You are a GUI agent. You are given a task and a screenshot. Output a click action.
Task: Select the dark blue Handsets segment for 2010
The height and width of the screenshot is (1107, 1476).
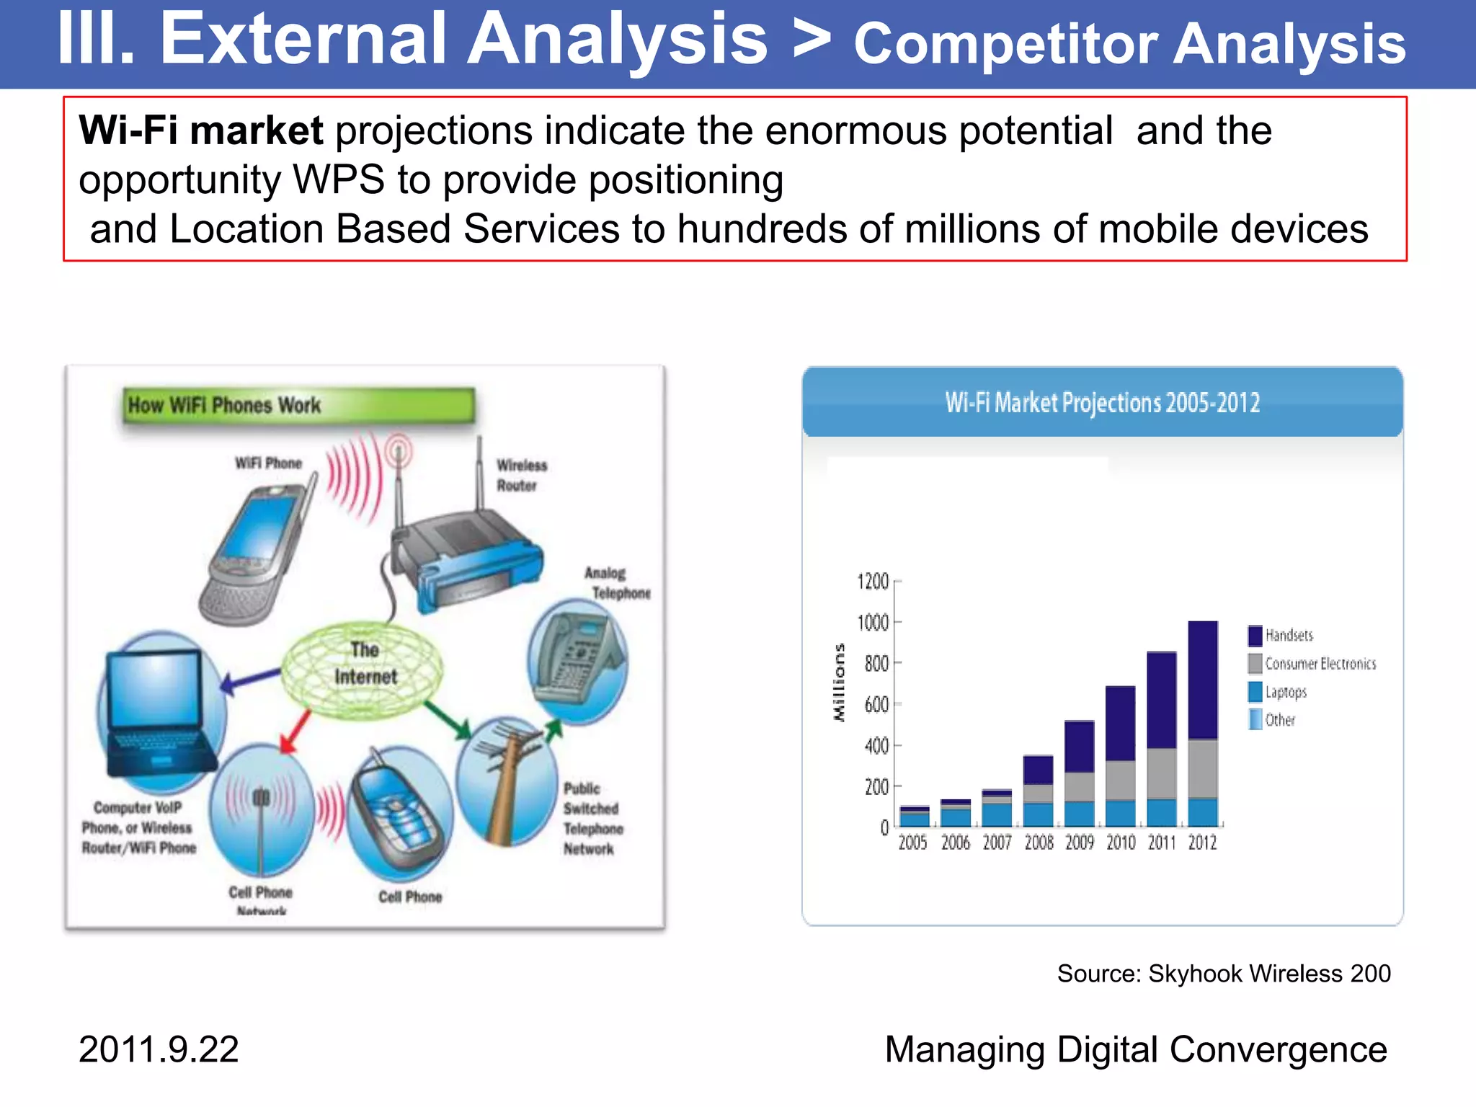(1120, 723)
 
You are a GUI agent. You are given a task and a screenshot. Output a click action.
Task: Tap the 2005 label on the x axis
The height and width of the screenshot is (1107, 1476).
(912, 843)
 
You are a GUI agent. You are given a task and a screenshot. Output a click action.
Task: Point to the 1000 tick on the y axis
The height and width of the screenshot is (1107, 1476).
(873, 623)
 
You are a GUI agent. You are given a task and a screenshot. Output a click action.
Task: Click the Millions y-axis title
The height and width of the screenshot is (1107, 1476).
(838, 683)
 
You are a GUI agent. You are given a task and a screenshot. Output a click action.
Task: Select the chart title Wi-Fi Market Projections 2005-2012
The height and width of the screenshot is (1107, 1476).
(1102, 403)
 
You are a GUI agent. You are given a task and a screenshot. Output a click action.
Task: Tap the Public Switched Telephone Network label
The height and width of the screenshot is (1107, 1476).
(592, 819)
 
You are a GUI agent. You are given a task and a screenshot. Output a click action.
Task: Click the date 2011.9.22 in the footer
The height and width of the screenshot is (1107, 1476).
(159, 1049)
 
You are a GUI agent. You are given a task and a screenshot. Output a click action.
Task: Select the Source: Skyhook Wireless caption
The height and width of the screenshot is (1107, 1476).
(1223, 974)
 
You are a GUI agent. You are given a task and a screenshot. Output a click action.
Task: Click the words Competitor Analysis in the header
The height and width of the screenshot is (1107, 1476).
(1129, 45)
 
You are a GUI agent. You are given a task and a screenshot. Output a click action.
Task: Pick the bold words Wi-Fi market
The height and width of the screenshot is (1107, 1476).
(200, 131)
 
